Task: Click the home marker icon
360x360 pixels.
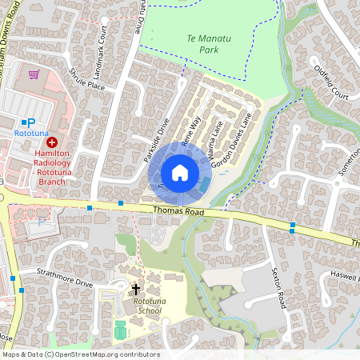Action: [180, 173]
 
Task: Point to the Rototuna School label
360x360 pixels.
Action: [149, 306]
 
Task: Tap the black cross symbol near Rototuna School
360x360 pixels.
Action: [135, 288]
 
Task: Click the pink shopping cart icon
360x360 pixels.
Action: [34, 74]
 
